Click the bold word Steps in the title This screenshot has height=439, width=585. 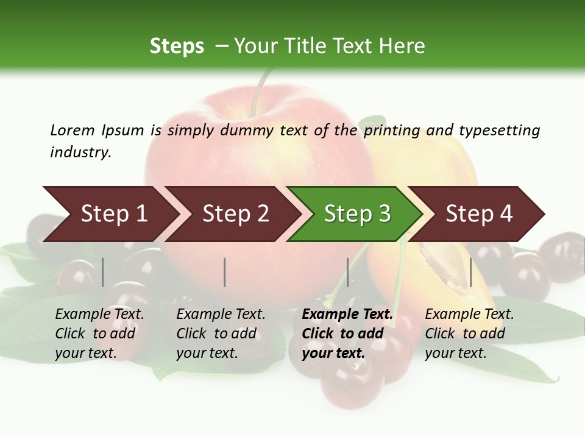click(x=177, y=46)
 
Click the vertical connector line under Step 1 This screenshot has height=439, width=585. click(x=103, y=272)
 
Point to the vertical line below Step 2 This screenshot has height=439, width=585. click(x=225, y=272)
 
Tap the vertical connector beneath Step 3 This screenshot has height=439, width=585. click(x=348, y=272)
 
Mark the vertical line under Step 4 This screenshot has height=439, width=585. click(x=470, y=272)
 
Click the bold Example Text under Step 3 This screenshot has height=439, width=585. click(x=347, y=315)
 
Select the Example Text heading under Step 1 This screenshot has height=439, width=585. click(x=99, y=315)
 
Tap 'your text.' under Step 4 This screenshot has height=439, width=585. click(x=455, y=354)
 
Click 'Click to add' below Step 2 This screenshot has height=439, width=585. click(x=216, y=334)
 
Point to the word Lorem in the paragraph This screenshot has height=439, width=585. click(x=72, y=130)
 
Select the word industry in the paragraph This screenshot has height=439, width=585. click(x=80, y=152)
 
